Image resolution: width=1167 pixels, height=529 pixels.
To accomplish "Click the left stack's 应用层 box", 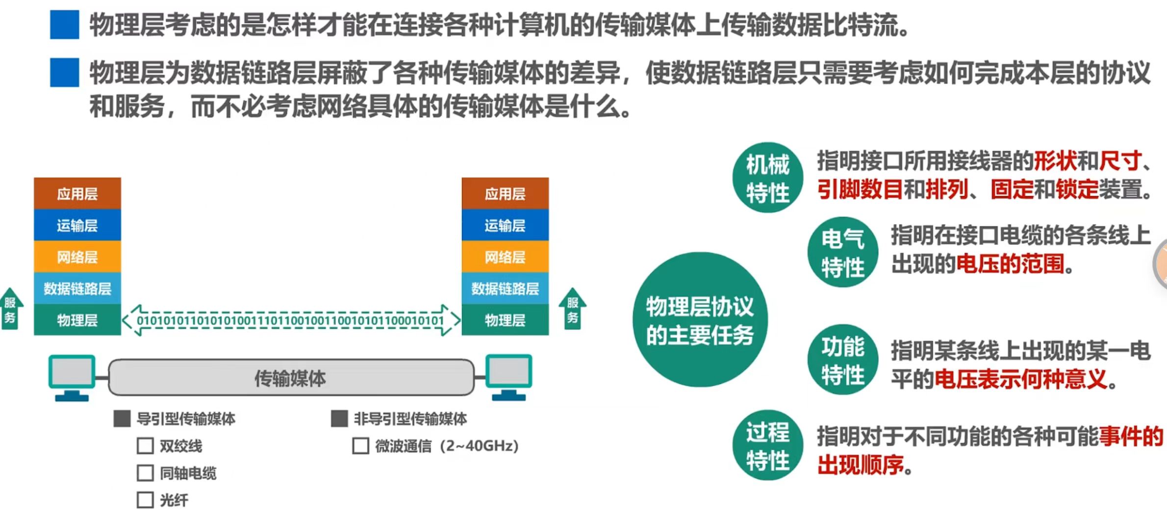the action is (x=77, y=193).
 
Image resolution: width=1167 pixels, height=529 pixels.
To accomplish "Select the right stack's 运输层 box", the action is (x=505, y=225).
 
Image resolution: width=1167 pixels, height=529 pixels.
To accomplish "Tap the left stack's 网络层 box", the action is (x=77, y=257).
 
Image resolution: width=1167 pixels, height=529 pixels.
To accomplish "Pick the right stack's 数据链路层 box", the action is (x=505, y=289).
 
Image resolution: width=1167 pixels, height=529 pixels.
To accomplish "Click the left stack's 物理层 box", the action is (x=77, y=320).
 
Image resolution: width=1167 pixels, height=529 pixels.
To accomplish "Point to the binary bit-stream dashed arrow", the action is (x=291, y=320).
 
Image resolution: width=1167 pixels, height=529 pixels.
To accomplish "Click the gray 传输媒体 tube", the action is (x=291, y=378).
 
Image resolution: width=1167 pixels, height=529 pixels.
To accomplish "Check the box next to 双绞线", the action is (x=145, y=446).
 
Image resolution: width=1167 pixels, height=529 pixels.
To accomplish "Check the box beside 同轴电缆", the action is (x=145, y=473).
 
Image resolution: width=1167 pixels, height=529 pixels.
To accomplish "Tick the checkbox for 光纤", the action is (x=145, y=500).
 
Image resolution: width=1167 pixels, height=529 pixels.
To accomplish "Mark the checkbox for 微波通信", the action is (x=360, y=446).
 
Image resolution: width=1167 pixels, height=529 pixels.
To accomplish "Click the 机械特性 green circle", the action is (x=767, y=178).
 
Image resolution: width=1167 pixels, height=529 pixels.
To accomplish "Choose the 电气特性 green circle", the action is (x=842, y=252).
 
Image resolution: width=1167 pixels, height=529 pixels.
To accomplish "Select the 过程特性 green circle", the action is (x=767, y=445).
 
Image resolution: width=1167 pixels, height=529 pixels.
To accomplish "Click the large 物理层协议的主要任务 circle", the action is (x=700, y=320).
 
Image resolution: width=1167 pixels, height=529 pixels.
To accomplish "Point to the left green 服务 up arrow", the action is (x=10, y=310).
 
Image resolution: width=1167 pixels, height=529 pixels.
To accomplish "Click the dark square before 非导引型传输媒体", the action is (x=339, y=419).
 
